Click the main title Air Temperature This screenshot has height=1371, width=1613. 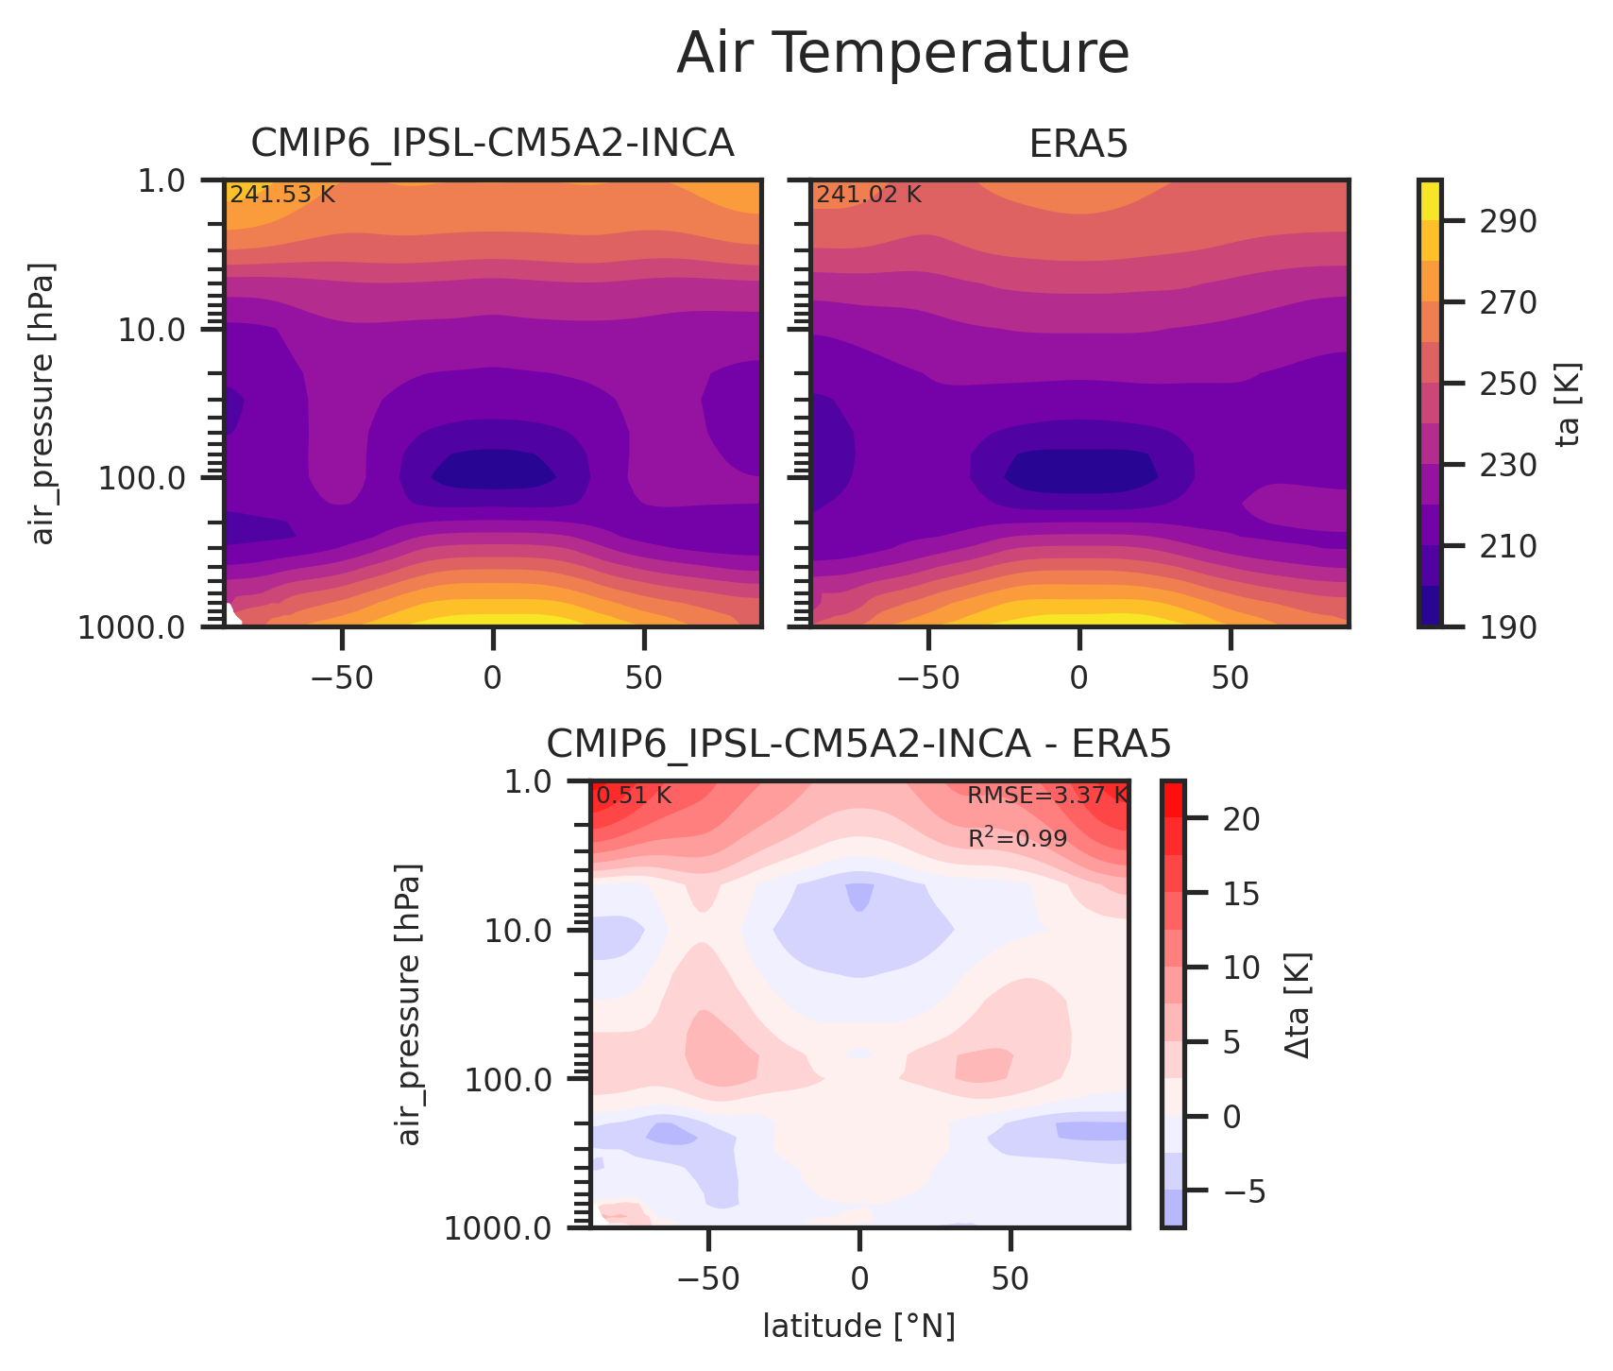coord(902,54)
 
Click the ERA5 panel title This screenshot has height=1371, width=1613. coord(1078,145)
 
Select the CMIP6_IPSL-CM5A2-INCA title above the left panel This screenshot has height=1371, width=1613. coord(492,145)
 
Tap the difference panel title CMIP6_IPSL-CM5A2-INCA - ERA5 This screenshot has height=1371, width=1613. coord(858,745)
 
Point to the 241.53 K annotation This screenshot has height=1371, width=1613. coord(282,196)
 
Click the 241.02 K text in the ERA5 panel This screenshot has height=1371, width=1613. coord(868,196)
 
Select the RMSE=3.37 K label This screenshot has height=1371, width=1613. coord(1046,796)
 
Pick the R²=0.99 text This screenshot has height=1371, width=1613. coord(1017,838)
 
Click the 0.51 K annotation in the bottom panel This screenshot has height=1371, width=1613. coord(634,796)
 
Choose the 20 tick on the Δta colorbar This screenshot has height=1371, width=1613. coord(1241,819)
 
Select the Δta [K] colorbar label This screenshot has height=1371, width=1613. coord(1298,1004)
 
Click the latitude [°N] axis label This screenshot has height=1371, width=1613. coord(858,1327)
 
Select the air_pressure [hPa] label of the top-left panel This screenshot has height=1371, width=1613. coord(43,403)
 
